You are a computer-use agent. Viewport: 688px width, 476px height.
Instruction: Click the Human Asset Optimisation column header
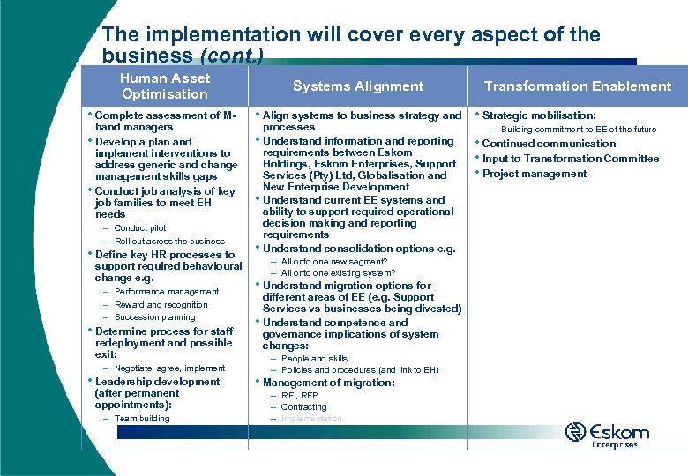click(164, 86)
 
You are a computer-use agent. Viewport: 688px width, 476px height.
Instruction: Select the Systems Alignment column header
click(358, 86)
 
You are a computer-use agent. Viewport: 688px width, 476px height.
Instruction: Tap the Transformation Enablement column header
click(578, 86)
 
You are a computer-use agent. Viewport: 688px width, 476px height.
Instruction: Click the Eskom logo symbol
click(576, 432)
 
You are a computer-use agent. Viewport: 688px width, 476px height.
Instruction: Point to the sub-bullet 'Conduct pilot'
click(139, 228)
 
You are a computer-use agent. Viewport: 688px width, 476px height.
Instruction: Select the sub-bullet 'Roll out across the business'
click(169, 241)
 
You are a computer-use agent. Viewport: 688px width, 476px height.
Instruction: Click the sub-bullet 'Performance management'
click(166, 292)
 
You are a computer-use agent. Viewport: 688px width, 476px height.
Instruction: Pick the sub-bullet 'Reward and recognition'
click(161, 304)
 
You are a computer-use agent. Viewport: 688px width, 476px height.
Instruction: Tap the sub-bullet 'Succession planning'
click(154, 317)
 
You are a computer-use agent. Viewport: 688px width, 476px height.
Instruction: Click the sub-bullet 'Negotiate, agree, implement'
click(169, 368)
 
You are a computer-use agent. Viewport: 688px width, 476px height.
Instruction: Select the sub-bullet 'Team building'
click(141, 419)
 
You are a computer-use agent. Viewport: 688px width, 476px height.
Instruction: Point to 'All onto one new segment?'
click(333, 262)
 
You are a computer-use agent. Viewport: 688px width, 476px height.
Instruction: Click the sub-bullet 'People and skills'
click(314, 359)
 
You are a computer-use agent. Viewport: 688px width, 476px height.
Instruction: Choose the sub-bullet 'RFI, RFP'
click(300, 396)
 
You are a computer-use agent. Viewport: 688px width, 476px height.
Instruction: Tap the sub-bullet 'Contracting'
click(303, 407)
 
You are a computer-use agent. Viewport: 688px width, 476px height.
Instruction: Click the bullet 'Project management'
click(534, 174)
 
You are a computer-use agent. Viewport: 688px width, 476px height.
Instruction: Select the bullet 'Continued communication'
click(549, 144)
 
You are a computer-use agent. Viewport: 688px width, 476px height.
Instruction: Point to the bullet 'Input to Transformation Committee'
click(570, 159)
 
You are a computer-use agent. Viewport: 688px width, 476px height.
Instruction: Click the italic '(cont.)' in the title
click(231, 56)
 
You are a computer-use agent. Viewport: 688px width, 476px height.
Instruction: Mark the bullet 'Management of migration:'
click(328, 383)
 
